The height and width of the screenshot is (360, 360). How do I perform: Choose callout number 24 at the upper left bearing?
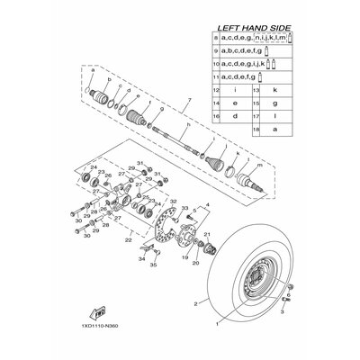coord(93,167)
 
